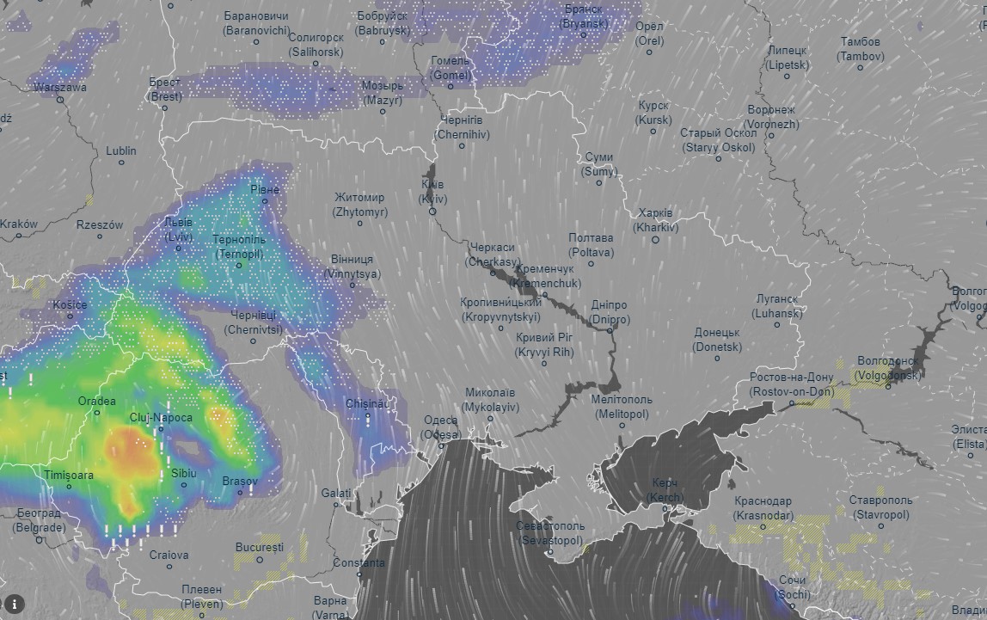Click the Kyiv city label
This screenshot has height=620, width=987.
pos(432,192)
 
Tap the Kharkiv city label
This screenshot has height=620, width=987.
pos(656,221)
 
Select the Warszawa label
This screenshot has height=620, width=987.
pos(60,87)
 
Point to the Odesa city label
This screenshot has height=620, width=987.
pos(441,427)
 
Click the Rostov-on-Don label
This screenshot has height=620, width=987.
pos(792,384)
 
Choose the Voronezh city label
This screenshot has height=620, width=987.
pos(772,117)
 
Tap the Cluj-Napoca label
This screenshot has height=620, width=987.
pos(161,418)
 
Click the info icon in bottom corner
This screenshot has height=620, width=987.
pos(15,604)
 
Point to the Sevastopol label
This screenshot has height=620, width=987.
pos(550,533)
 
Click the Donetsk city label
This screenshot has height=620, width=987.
pos(717,340)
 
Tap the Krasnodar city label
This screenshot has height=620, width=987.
pos(763,508)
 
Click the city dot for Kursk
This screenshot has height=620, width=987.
pos(654,132)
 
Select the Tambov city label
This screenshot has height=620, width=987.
pos(860,49)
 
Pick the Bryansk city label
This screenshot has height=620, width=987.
pos(584,16)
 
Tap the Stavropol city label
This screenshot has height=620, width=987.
pos(880,507)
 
